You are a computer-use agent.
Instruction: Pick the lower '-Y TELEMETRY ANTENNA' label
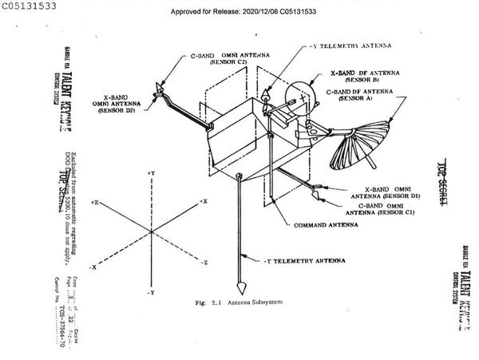(303, 260)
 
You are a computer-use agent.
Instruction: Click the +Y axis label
(150, 173)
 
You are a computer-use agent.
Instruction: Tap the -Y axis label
(150, 294)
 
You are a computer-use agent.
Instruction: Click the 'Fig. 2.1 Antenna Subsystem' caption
(239, 303)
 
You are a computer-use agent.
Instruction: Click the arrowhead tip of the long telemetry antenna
(240, 288)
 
